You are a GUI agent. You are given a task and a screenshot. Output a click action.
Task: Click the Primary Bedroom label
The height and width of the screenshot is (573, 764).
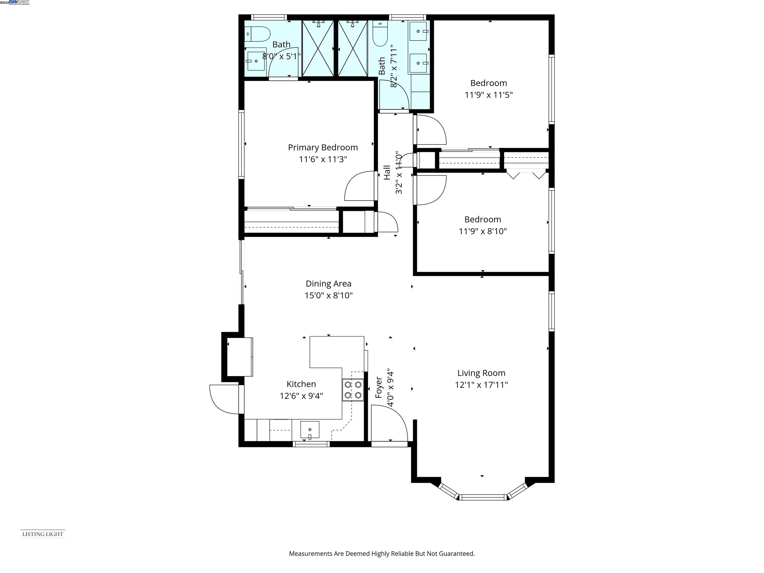tap(323, 147)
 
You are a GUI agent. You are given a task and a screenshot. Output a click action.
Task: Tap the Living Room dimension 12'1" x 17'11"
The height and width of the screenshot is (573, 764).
tap(481, 385)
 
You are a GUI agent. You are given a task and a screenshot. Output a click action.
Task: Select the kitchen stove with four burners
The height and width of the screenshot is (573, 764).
tap(353, 390)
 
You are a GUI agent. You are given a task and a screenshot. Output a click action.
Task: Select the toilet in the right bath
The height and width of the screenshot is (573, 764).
tap(380, 35)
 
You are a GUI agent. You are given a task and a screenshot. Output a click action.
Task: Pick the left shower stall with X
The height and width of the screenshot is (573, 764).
tap(318, 48)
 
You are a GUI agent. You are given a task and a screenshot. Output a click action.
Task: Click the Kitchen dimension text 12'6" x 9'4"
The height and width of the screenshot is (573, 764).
tap(301, 396)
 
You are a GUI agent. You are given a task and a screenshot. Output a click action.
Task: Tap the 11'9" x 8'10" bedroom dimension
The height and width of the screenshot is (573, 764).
tap(482, 231)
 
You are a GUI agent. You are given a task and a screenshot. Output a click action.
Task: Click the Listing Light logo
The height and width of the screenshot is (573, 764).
tap(43, 534)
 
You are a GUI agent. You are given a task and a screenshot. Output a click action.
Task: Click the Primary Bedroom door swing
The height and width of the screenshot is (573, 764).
tap(359, 187)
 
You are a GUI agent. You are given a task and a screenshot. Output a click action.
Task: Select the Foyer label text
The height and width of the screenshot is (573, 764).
tap(379, 387)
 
